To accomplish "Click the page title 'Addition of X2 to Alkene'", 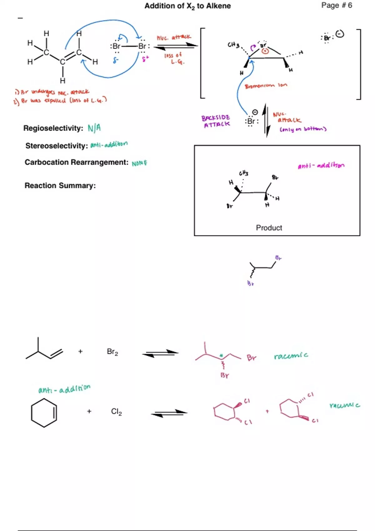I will coord(187,6).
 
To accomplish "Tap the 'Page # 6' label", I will coord(337,5).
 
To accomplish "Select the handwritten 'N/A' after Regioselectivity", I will coord(94,128).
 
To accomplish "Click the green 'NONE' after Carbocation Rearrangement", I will coord(139,163).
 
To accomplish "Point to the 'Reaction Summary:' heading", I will coord(60,186).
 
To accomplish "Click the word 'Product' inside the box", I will coord(269,228).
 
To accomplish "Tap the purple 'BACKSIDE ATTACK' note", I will coord(216,121).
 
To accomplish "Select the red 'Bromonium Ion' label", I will coord(266,86).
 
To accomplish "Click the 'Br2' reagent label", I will coord(112,352).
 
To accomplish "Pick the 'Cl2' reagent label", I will coord(116,412).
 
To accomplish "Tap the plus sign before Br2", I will coord(80,351).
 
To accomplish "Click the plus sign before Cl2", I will coord(89,411).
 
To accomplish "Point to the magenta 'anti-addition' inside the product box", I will coord(321,165).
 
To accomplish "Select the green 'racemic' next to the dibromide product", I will coord(291,356).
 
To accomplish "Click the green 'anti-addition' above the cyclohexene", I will coord(64,389).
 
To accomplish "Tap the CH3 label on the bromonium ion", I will coord(233,45).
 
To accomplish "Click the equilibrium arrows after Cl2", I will coord(169,413).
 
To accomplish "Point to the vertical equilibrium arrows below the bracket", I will coord(266,120).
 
